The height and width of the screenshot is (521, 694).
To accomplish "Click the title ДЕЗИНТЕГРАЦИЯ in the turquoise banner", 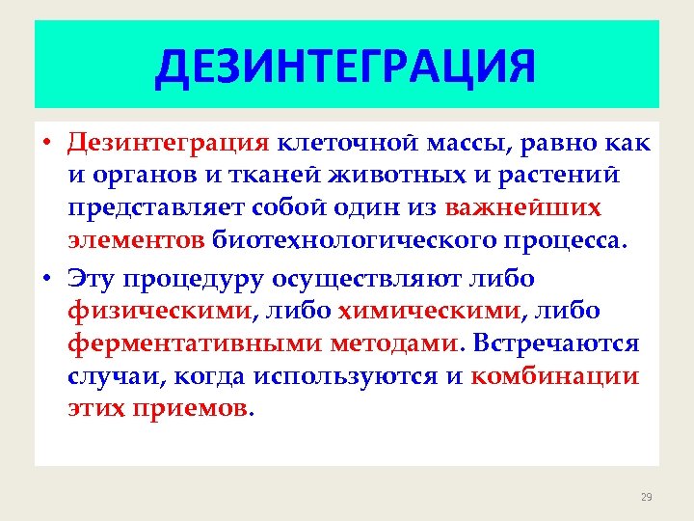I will pyautogui.click(x=345, y=68).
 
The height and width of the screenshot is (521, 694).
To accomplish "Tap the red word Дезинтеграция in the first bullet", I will pyautogui.click(x=168, y=145).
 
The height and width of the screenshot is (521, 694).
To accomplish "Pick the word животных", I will pyautogui.click(x=402, y=177).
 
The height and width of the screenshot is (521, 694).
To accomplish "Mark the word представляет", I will pyautogui.click(x=157, y=208).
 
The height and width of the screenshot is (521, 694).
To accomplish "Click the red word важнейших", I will pyautogui.click(x=511, y=208).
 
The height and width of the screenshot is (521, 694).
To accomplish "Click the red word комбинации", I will pyautogui.click(x=555, y=374).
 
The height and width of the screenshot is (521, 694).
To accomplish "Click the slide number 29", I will pyautogui.click(x=646, y=497).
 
